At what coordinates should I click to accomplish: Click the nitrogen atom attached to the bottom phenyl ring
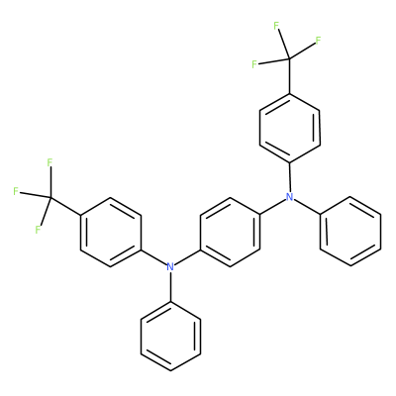point(170,266)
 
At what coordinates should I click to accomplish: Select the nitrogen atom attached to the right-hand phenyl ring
point(289,197)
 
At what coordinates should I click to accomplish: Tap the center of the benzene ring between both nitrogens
point(230,232)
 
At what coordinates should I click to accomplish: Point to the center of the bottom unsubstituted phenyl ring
point(170,336)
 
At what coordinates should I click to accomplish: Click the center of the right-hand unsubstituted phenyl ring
point(350,231)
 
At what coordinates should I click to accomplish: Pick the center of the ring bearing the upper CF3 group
point(289,128)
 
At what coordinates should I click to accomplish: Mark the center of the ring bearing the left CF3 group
point(111,232)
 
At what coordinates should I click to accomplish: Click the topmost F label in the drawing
point(276,26)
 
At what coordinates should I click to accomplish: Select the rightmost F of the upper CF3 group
point(318,41)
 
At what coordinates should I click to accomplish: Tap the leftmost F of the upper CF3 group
point(254,64)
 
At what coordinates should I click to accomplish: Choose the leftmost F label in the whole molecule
point(16,191)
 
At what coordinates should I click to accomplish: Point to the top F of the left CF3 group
point(49,162)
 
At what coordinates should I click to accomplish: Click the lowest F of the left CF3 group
point(38,230)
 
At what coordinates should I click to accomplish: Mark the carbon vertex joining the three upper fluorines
point(289,58)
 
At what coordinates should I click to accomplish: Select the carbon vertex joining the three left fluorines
point(50,197)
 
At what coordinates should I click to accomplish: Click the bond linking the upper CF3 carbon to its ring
point(289,76)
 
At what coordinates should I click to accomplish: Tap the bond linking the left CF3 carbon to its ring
point(65,206)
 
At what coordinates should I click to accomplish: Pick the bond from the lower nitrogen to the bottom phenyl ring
point(170,286)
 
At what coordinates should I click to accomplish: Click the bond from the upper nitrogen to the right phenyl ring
point(307,206)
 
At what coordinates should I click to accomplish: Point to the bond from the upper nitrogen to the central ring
point(272,207)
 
